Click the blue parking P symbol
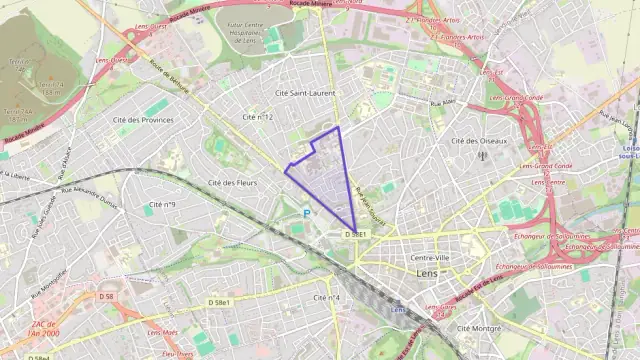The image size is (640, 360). click(307, 212)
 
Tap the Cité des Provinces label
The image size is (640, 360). click(143, 120)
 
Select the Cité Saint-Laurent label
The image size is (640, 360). click(305, 93)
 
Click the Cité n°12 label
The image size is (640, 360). click(258, 117)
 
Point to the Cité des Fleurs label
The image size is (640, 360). click(233, 183)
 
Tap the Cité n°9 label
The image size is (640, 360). click(162, 205)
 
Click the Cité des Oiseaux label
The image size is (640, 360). click(477, 141)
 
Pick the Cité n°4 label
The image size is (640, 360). click(327, 297)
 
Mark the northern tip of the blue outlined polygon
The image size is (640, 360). click(338, 127)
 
